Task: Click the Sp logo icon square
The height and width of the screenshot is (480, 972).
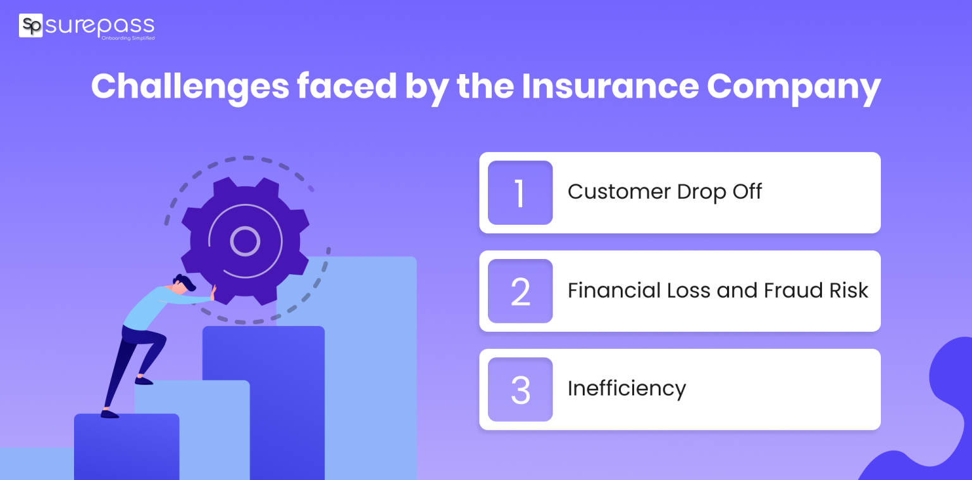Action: click(30, 25)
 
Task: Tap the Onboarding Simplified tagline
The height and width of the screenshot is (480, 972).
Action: click(128, 39)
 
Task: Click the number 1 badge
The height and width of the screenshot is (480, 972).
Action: click(520, 193)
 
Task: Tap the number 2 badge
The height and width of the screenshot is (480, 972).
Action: click(520, 291)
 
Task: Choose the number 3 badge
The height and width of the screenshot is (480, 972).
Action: click(520, 389)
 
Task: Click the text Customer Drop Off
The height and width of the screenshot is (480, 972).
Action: click(664, 192)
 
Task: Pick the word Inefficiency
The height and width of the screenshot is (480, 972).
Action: click(626, 388)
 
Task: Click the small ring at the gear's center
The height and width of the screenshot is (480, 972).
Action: click(245, 241)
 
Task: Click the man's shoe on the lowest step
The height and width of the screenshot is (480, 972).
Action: click(109, 414)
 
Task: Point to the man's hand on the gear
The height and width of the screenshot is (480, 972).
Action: click(213, 293)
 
